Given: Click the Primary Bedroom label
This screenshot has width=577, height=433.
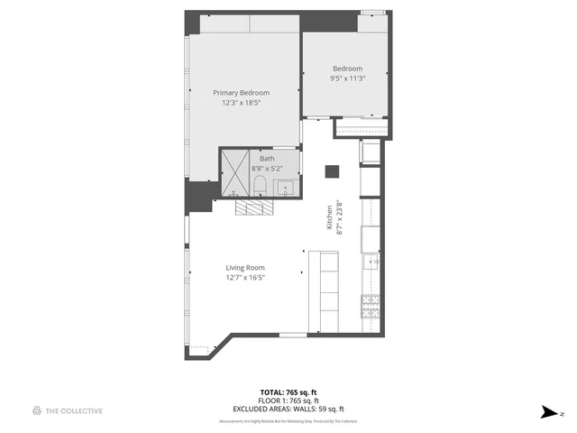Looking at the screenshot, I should pyautogui.click(x=241, y=92).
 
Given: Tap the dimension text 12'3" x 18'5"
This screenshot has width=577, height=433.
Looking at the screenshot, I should pyautogui.click(x=241, y=103).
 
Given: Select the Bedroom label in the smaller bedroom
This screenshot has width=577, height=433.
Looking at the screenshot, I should pyautogui.click(x=347, y=69).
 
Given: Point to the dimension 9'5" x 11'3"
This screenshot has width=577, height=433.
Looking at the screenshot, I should pyautogui.click(x=347, y=78).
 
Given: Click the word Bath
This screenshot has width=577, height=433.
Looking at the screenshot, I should pyautogui.click(x=267, y=158).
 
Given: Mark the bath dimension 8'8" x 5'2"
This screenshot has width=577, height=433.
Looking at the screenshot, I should pyautogui.click(x=267, y=168).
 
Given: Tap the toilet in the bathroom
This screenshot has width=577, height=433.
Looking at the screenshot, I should pyautogui.click(x=259, y=187).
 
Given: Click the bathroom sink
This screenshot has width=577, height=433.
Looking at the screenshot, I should pyautogui.click(x=285, y=188).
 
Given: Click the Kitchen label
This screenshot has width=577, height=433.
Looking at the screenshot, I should pyautogui.click(x=329, y=215).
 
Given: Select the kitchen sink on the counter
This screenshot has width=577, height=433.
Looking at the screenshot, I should pyautogui.click(x=371, y=263).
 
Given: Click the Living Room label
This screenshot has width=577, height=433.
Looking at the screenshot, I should pyautogui.click(x=244, y=267).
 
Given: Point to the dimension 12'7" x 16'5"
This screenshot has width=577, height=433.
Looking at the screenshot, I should pyautogui.click(x=244, y=278).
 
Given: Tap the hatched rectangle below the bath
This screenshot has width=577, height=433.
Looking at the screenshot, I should pyautogui.click(x=252, y=207).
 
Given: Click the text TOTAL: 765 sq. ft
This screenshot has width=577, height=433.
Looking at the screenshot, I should pyautogui.click(x=288, y=392).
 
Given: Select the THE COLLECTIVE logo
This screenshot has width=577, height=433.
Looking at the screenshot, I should pyautogui.click(x=67, y=410).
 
